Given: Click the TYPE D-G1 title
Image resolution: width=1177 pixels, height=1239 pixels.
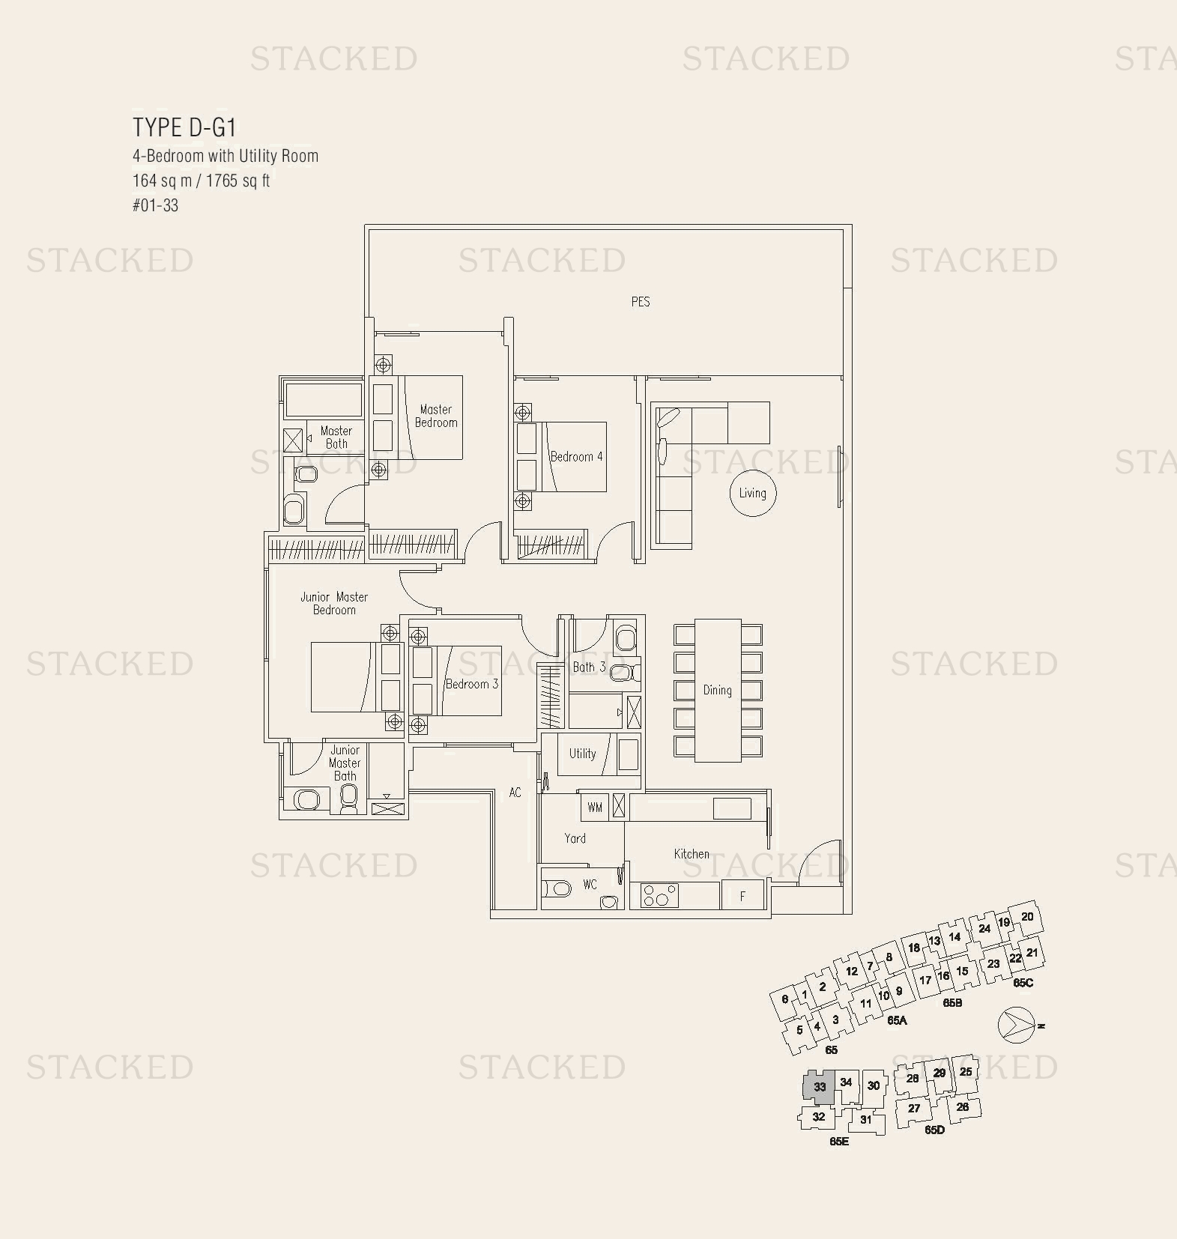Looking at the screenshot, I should click(184, 127).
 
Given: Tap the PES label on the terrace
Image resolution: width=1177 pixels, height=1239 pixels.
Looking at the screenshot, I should click(640, 302).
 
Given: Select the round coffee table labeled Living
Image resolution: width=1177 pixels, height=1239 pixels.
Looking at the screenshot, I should click(752, 493).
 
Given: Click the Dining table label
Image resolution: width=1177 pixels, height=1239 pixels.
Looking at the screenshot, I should click(717, 690).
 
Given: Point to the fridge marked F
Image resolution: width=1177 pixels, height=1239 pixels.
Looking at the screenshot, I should click(742, 896).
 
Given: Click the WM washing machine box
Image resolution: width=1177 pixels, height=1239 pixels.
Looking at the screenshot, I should click(595, 807).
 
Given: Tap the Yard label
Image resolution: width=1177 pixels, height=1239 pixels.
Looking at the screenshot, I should click(575, 838).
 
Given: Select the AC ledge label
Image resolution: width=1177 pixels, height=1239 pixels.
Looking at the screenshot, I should click(515, 792).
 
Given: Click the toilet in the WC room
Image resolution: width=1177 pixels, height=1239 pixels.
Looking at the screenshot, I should click(557, 889).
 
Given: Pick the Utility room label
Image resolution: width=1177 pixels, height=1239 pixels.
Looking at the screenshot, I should click(582, 754).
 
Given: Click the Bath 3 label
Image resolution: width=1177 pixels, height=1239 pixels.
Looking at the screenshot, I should click(588, 667).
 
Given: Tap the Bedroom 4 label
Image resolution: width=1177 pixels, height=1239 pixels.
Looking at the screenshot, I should click(576, 456).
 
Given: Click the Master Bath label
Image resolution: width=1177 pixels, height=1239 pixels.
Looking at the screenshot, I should click(336, 437).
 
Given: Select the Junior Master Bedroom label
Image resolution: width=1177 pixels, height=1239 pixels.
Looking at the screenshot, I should click(334, 603).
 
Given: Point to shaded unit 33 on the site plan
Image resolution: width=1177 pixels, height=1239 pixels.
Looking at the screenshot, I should click(819, 1086).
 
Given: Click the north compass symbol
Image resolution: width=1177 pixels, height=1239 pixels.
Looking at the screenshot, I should click(1016, 1025).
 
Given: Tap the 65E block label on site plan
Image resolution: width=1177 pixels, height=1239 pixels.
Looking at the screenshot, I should click(838, 1142).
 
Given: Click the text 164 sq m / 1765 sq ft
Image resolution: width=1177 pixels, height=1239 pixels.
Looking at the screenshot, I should click(201, 181).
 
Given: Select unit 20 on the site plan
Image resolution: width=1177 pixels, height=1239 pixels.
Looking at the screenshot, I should click(1027, 916).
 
